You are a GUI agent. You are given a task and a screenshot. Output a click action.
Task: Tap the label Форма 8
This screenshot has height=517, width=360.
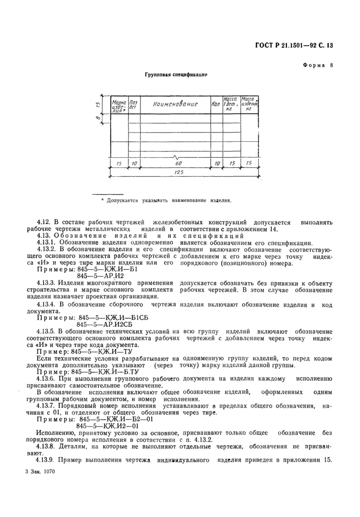click(318, 65)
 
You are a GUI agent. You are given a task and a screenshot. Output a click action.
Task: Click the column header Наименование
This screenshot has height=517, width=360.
click(175, 104)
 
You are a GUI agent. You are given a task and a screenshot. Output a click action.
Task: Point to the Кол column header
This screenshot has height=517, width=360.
click(215, 104)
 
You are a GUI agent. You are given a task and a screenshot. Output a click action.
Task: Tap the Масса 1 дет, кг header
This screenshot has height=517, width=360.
click(229, 104)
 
